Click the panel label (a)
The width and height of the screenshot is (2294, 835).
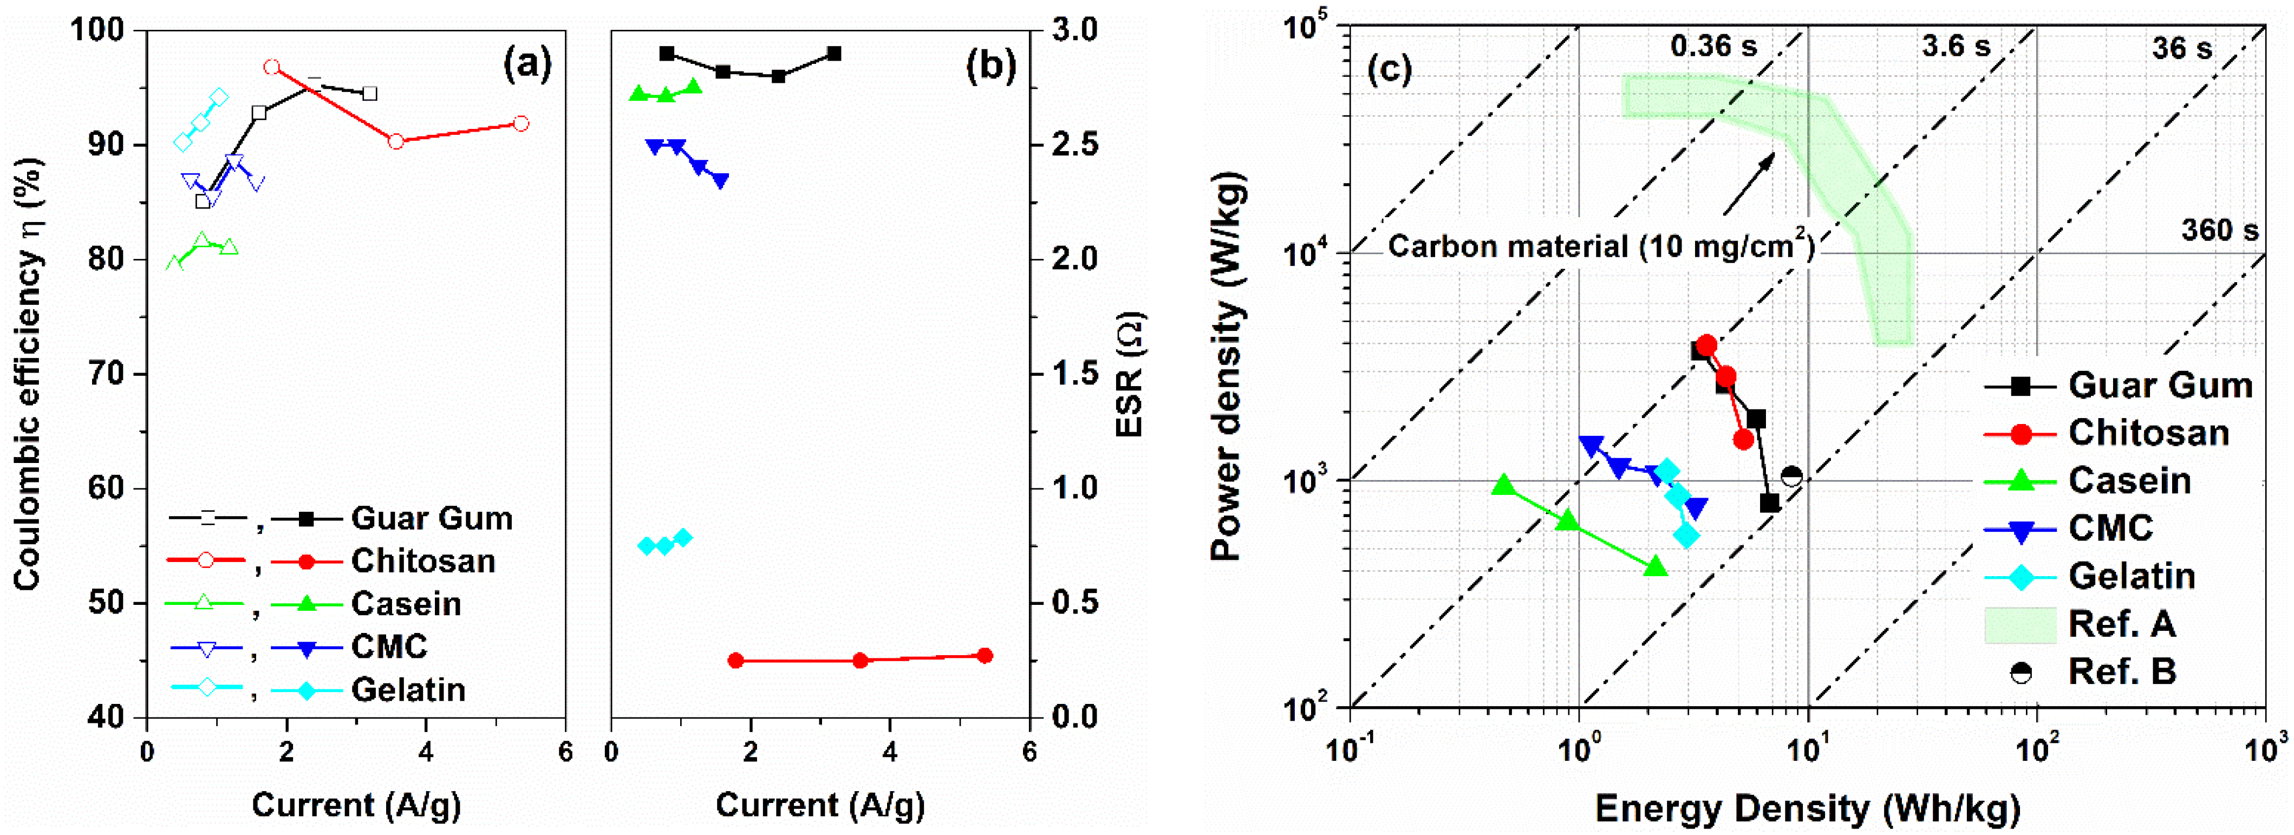click(527, 65)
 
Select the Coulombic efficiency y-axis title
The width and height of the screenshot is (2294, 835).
click(29, 374)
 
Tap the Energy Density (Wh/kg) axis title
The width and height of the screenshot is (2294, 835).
click(1807, 808)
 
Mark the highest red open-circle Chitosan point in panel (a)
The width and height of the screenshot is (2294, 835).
click(272, 68)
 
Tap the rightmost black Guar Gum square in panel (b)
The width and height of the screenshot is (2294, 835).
click(833, 54)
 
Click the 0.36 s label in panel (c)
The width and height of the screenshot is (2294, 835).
click(1713, 46)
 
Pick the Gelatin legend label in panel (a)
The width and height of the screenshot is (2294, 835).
click(408, 690)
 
